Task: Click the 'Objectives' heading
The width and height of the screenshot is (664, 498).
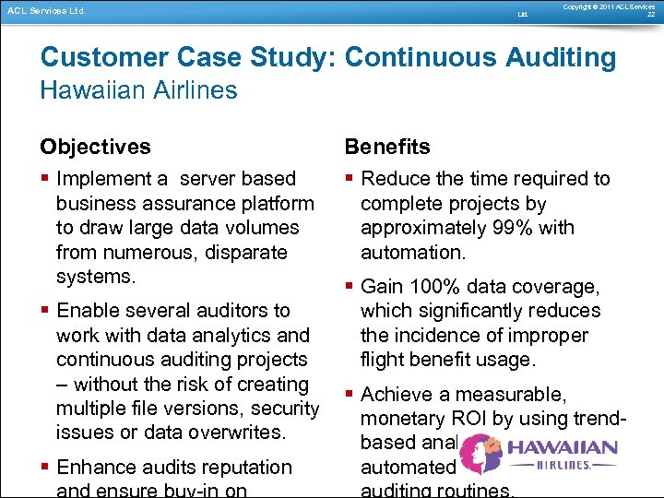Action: (95, 147)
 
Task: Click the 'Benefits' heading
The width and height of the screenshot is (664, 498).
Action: (386, 147)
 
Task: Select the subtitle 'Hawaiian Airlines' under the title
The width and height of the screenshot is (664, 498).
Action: (138, 90)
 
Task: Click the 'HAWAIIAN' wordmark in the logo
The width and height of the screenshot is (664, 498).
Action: (562, 448)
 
